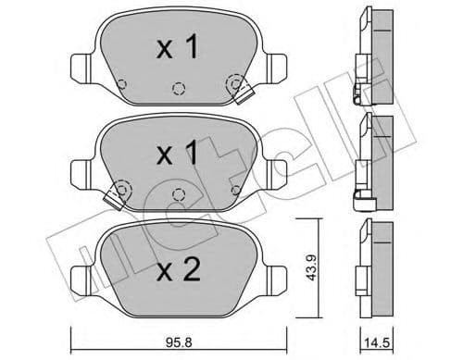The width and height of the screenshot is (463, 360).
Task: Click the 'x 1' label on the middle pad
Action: [x=177, y=154]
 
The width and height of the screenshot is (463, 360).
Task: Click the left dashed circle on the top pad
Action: [x=121, y=86]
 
